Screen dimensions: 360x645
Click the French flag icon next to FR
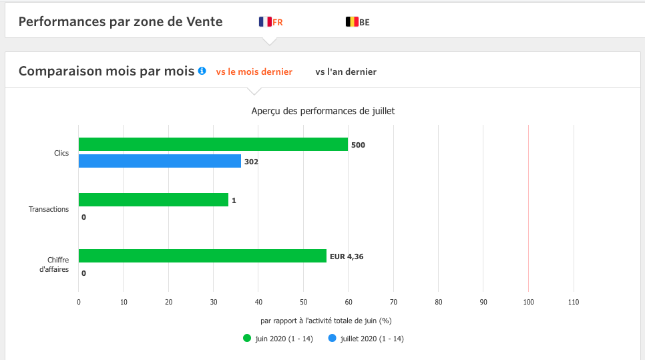[265, 22]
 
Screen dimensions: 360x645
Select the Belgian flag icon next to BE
[352, 22]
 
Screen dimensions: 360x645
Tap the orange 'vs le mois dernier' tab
[254, 71]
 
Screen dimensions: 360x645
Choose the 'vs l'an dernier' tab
[346, 71]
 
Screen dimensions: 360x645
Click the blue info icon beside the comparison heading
[202, 71]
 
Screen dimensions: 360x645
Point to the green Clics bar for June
[213, 144]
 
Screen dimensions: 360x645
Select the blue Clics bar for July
[160, 161]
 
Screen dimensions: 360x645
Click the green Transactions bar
[154, 200]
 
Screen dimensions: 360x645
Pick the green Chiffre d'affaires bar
[202, 256]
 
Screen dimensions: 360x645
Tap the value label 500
[358, 145]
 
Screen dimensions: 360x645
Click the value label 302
[251, 162]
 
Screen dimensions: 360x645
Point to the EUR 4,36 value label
[347, 256]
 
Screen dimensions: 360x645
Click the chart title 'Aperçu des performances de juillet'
[323, 111]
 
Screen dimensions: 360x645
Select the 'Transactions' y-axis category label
[49, 209]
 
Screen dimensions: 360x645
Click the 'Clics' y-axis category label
[61, 153]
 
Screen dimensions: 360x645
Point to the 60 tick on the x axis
[348, 302]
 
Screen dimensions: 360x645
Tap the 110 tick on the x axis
[573, 302]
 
